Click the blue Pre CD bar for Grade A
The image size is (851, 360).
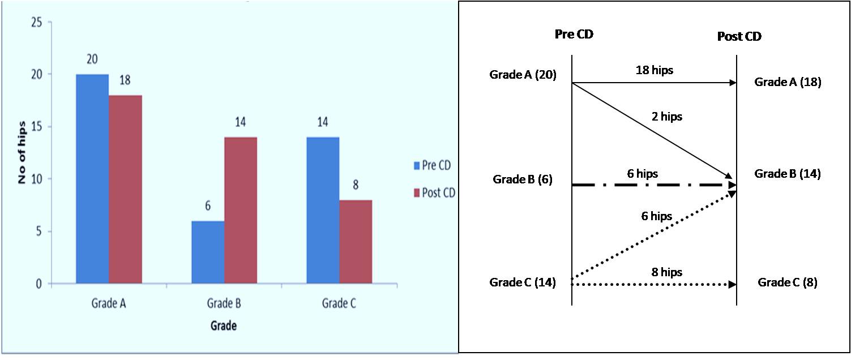coord(92,179)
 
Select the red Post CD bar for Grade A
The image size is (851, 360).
coord(125,190)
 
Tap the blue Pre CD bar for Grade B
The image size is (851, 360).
coord(208,252)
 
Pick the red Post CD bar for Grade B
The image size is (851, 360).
coord(241,210)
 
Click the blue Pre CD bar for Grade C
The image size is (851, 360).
coord(323,210)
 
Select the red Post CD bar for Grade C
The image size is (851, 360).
coord(356,242)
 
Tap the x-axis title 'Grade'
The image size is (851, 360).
coord(223,326)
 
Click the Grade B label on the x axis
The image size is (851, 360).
coord(223,303)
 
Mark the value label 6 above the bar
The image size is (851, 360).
coord(208,206)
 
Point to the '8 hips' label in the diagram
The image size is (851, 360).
coord(666,272)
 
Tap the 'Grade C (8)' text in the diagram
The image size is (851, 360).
coord(788,282)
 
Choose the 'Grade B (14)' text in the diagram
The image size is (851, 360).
coord(788,174)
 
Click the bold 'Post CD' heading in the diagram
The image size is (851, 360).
coord(739,37)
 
